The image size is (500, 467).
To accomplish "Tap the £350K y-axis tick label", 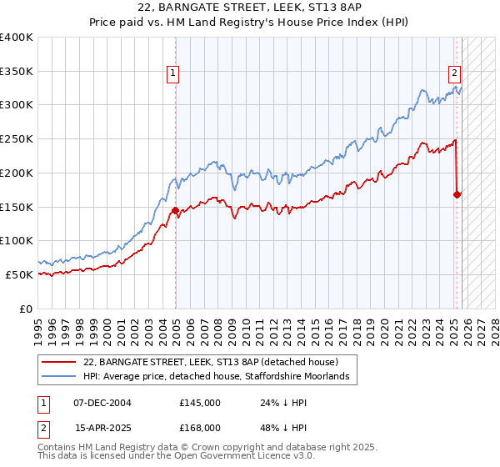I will click(x=17, y=72).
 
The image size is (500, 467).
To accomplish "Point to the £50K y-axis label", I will click(x=19, y=274).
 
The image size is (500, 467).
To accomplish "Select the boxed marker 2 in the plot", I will click(x=455, y=73).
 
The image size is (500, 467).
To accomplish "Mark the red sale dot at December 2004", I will click(x=176, y=210).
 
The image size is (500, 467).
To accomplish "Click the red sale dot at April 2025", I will click(x=457, y=194).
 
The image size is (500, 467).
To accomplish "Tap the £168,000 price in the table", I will click(x=200, y=429).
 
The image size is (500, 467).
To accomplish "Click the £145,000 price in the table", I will click(x=200, y=403).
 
